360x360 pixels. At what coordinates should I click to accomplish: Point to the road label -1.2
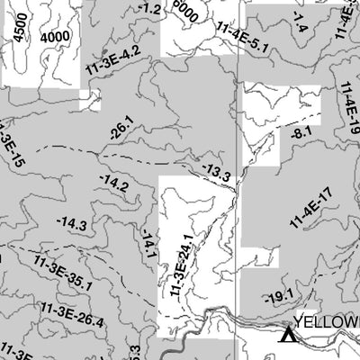[x=151, y=10]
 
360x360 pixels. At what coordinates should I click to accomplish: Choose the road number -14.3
[x=71, y=223]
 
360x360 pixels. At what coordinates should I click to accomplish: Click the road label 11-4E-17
[x=311, y=207]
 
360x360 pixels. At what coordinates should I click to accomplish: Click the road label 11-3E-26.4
[x=73, y=314]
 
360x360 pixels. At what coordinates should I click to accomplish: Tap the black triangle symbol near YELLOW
[x=287, y=336]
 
